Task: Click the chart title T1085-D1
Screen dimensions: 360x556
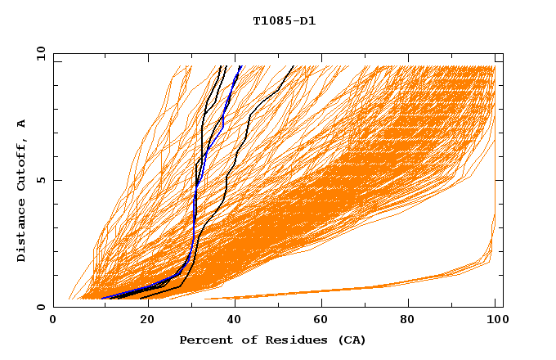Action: click(x=284, y=20)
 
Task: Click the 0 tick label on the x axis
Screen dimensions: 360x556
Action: click(x=54, y=321)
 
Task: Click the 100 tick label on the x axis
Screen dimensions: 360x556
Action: click(x=495, y=321)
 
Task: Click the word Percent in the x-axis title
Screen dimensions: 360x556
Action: click(x=202, y=340)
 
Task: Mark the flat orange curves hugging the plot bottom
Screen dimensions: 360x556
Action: click(x=368, y=289)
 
